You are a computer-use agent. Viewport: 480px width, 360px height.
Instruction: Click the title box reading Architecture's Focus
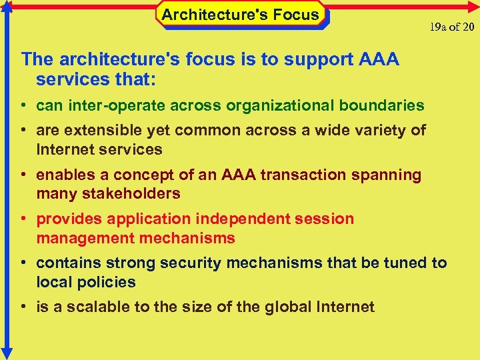tap(241, 15)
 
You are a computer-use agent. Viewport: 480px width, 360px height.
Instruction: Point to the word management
tap(81, 238)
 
